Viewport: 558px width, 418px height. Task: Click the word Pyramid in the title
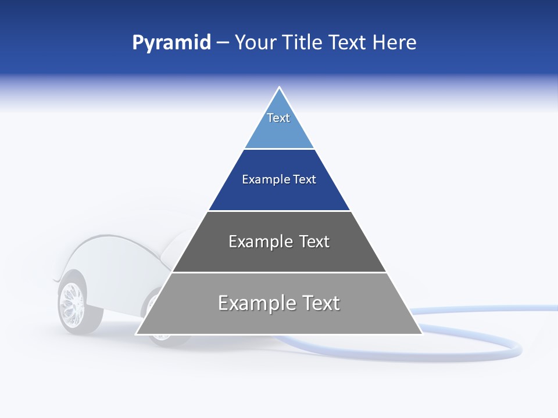point(171,43)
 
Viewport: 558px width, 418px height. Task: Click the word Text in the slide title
point(348,43)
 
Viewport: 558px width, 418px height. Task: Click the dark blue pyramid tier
point(279,194)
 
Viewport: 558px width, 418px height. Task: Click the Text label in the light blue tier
point(278,118)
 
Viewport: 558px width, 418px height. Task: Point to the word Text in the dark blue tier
point(305,179)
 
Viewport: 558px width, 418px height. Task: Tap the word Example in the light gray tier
point(255,303)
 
